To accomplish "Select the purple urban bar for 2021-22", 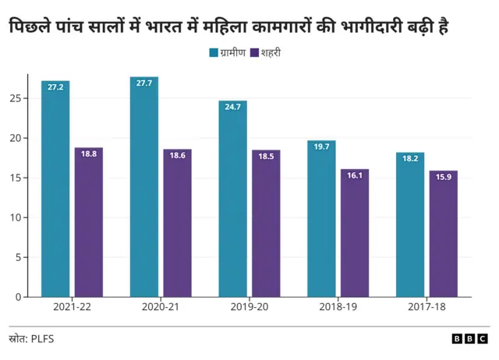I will point(89,222).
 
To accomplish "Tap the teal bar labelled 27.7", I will point(143,187).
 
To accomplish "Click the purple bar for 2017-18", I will point(443,234).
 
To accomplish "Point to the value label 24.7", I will point(232,107).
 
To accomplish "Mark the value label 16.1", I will point(355,175).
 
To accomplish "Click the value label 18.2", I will point(409,158).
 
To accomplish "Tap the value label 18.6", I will point(178,155).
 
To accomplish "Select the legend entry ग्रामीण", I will point(228,53).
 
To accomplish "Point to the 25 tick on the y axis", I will point(15,98).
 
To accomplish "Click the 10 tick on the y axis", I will point(15,217).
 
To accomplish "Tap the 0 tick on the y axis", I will point(18,297).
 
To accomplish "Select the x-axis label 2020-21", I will point(161,308).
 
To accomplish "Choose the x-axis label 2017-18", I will point(426,308).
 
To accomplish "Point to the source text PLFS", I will point(42,339).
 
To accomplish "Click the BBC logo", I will point(469,339).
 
